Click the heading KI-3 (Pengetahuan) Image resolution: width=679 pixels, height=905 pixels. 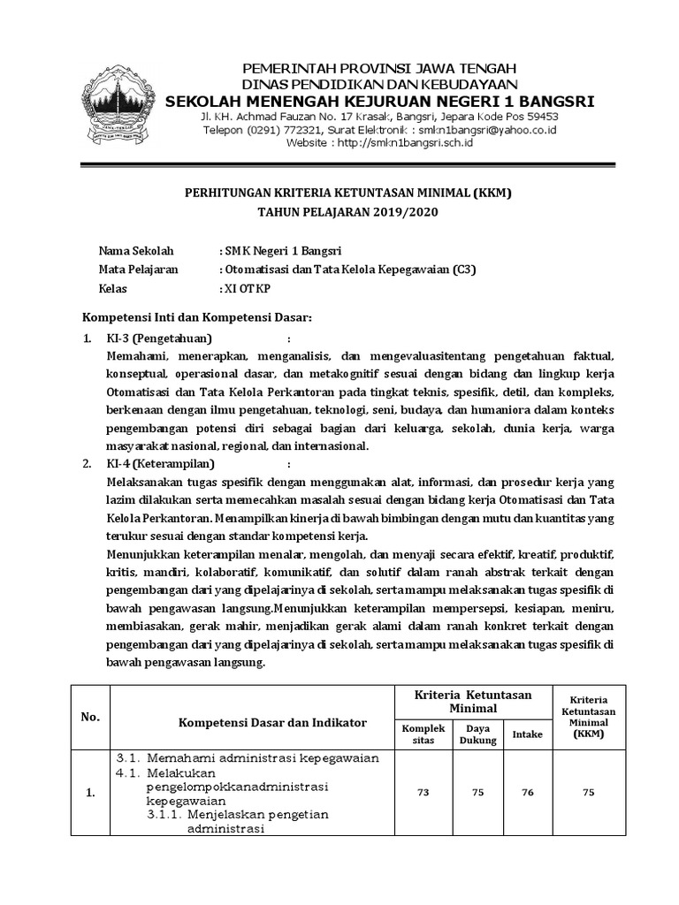[x=159, y=338]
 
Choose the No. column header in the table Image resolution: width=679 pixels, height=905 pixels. [x=90, y=717]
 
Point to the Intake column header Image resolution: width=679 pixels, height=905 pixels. [x=528, y=734]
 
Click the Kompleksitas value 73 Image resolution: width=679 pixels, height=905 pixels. [x=423, y=793]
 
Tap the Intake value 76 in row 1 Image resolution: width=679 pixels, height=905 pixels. [x=528, y=793]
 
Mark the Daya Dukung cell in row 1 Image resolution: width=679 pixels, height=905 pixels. [x=477, y=793]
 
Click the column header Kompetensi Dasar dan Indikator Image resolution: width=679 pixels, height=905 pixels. [x=272, y=722]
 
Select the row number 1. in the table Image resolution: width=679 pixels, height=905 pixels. [x=90, y=794]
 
